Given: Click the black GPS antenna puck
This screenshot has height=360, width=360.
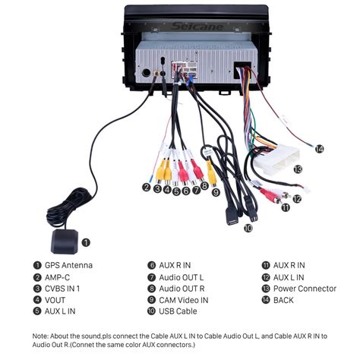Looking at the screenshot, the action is coord(65,242).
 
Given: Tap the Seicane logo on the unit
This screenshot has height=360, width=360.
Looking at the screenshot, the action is coord(197,27).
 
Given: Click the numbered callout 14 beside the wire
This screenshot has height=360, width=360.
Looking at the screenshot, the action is coord(319,149).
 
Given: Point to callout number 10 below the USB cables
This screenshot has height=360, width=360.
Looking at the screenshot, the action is coord(248,228).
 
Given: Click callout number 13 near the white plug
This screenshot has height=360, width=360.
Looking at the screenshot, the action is coord(298,169).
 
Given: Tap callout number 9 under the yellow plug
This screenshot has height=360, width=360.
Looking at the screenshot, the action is coord(216,193).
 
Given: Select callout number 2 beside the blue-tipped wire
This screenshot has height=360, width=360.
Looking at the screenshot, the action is coord(146,188).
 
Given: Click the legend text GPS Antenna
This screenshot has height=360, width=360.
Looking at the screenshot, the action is coord(68,265).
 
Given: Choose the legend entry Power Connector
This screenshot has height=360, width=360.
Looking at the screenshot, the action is coord(305,289).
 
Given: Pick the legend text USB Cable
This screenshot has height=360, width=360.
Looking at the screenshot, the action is coord(178,311).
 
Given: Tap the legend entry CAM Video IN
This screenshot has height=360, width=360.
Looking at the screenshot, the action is coord(184,300).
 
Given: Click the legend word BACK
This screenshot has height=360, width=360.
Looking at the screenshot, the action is coord(283,300).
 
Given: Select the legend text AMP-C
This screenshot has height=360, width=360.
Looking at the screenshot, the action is coord(57,277).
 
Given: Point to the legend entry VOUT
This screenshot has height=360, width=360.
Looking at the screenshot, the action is coord(55,300).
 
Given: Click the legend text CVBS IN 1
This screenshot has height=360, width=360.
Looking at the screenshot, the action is coord(62,289).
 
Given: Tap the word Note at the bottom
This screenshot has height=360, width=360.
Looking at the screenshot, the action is coord(39,336).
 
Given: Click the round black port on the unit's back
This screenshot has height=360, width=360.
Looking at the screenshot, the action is coord(146,73).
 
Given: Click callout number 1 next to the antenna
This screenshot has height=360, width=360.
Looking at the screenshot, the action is coord(86,242).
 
